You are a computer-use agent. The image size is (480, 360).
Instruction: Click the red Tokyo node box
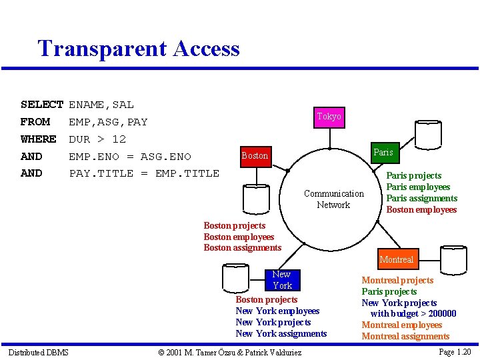pos(329,117)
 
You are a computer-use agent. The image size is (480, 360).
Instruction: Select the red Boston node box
pos(255,155)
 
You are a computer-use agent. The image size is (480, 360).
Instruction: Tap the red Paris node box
pos(383,153)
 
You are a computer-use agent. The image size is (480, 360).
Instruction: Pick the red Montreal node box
pos(397,259)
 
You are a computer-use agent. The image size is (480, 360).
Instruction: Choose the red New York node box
pos(281,280)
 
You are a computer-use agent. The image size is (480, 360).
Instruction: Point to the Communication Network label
pos(333,199)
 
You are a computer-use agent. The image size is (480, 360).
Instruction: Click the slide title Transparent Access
pos(139,49)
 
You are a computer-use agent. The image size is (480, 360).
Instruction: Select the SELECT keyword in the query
pos(41,105)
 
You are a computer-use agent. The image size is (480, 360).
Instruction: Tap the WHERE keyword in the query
pos(39,139)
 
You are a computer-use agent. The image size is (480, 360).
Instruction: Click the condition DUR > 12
pos(97,139)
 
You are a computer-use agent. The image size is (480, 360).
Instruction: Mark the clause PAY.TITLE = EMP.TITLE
pos(144,173)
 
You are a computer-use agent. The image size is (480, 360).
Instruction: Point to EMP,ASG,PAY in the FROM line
pos(108,122)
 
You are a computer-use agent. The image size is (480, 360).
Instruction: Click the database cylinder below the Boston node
pos(255,196)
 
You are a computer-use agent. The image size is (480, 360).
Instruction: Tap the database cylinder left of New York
pos(235,277)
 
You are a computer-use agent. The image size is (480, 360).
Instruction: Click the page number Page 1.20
pos(455,352)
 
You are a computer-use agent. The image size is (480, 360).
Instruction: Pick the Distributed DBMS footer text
pos(38,352)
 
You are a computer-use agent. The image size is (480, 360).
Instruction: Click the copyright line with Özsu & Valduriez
pos(230,352)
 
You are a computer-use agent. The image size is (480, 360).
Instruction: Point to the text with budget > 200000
pos(413,314)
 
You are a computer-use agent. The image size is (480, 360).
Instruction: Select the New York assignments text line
pos(281,333)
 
